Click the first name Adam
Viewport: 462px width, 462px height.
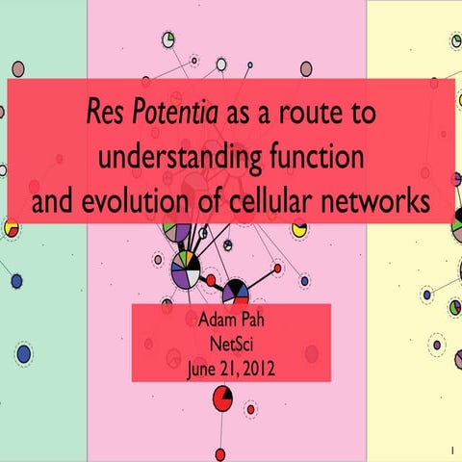pos(212,318)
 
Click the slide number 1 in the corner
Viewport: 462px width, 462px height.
pos(449,449)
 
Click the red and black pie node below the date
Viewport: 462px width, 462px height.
pos(222,398)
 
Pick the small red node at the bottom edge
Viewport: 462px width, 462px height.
pos(220,453)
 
